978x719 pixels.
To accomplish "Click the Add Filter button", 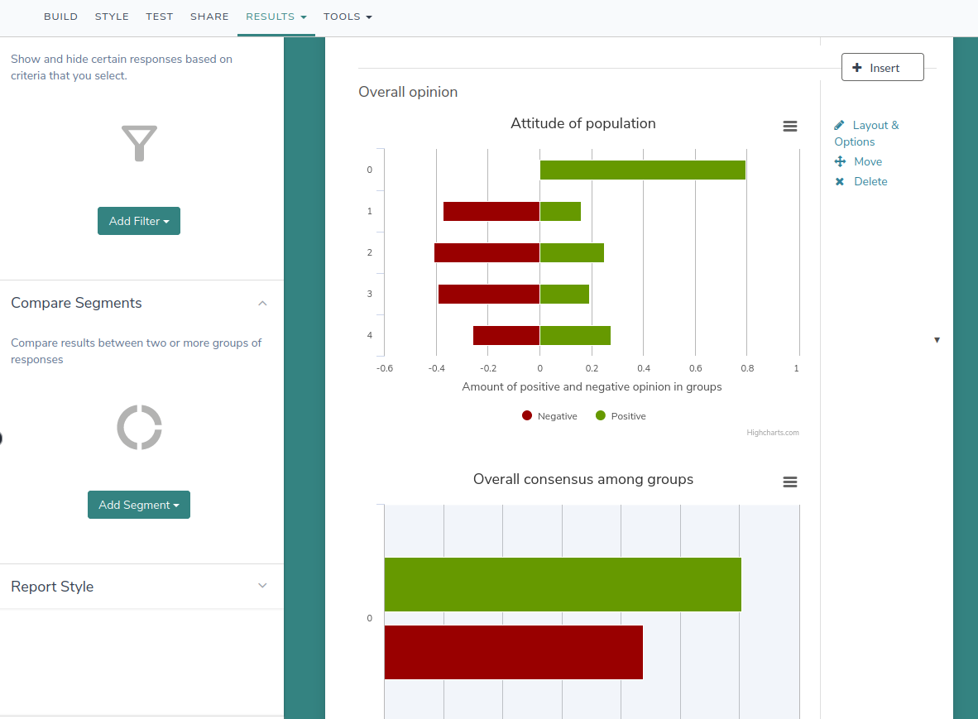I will coord(139,221).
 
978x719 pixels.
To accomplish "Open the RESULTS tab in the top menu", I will coord(276,17).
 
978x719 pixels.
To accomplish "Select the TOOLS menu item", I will coord(348,17).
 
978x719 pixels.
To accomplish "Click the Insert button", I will coord(882,68).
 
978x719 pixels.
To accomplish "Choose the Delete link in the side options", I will coord(870,181).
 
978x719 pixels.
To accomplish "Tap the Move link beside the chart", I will coord(867,161).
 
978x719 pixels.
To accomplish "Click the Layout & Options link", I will coord(875,126).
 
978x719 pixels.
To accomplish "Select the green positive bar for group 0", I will coord(642,170).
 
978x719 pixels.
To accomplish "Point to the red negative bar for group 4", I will coord(506,335).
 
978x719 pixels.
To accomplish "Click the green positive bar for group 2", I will coord(572,252).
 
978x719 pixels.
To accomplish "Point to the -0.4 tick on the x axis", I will coord(436,368).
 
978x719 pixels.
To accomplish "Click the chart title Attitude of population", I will coord(582,123).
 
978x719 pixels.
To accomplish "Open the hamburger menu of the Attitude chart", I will coord(790,126).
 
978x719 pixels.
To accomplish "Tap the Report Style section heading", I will coord(52,587).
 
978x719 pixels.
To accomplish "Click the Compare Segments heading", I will coord(76,303).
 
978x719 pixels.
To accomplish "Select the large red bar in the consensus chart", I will coord(513,652).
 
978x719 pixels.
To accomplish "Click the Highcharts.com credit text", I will coord(772,432).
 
